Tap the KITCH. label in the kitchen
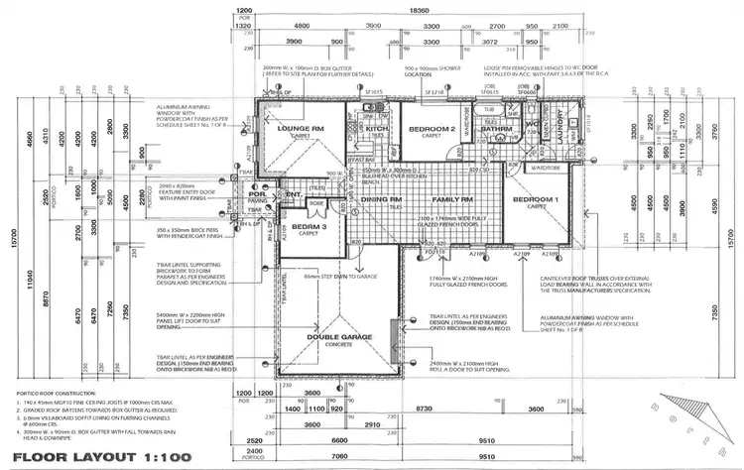[376, 129]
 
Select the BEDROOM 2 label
[433, 129]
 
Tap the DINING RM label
[380, 199]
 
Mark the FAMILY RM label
[451, 199]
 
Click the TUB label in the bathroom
[488, 111]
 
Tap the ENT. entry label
[294, 194]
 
